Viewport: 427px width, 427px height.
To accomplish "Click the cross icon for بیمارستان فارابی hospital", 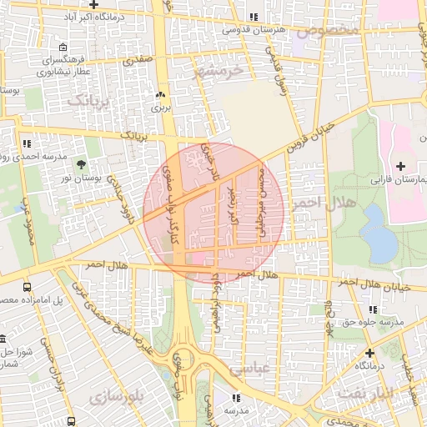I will [x=402, y=166].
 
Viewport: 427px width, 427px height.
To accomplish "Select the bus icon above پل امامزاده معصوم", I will [x=28, y=286].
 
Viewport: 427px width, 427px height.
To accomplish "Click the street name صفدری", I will [x=138, y=61].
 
